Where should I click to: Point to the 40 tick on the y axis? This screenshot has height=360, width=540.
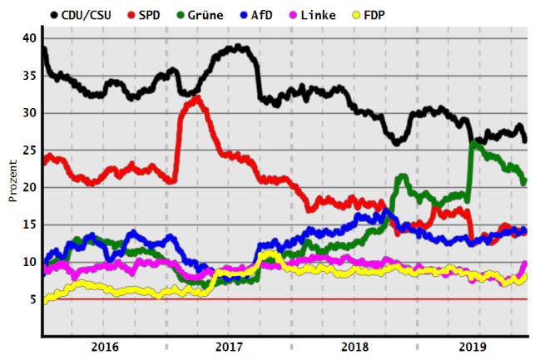(30, 38)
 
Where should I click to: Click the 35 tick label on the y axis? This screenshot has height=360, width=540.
(30, 76)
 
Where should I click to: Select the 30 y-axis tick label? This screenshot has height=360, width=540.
(30, 113)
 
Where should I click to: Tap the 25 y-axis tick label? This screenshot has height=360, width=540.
(30, 150)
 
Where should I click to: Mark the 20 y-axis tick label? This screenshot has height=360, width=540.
(30, 188)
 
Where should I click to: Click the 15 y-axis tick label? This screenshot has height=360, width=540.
(30, 224)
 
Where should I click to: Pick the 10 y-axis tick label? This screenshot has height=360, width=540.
(30, 262)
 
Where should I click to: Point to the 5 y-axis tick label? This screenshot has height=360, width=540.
(33, 299)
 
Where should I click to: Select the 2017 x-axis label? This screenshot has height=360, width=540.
(228, 346)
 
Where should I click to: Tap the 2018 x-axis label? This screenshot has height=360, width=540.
(354, 346)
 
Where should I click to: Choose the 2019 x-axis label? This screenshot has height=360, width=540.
(473, 346)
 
